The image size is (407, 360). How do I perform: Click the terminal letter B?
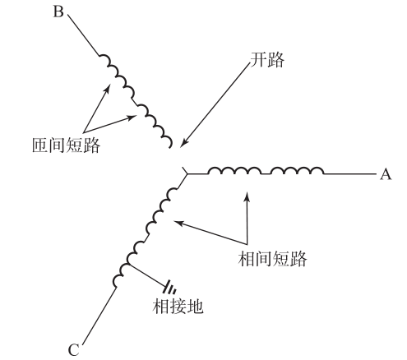[x=58, y=12]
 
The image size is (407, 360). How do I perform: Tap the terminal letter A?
[x=386, y=174]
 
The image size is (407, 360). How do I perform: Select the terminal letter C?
[x=74, y=350]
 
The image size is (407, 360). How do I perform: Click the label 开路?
[x=267, y=60]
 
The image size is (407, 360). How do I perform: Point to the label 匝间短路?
[x=66, y=145]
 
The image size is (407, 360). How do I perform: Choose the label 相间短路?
[x=272, y=259]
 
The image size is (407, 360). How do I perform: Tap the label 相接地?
[x=178, y=306]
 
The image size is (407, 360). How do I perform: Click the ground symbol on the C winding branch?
[x=169, y=287]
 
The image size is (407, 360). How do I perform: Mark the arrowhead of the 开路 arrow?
[x=184, y=142]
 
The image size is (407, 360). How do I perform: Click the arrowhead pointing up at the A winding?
[x=247, y=196]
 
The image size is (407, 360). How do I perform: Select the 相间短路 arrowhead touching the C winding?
[x=178, y=222]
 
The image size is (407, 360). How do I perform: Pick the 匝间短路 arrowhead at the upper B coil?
[x=107, y=89]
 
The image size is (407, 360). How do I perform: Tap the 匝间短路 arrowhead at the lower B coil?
[x=131, y=118]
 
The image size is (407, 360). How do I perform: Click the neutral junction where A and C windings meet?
[x=187, y=174]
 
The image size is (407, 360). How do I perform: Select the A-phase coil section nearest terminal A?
[x=297, y=171]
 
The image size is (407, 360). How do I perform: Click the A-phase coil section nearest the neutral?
[x=234, y=171]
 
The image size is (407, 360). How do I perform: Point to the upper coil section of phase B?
[x=117, y=76]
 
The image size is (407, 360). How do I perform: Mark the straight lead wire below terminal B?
[x=84, y=35]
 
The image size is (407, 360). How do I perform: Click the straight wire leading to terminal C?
[x=99, y=316]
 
